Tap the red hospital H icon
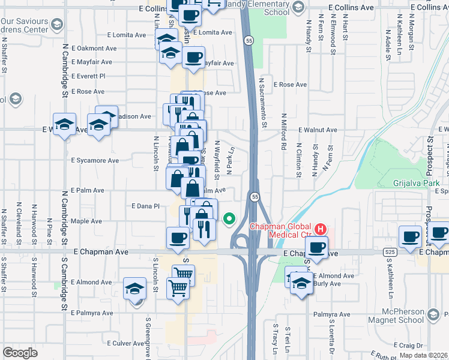pyautogui.click(x=321, y=229)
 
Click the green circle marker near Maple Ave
pyautogui.click(x=228, y=219)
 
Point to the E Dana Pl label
pyautogui.click(x=146, y=205)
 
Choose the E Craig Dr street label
pyautogui.click(x=411, y=345)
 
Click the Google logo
pyautogui.click(x=20, y=353)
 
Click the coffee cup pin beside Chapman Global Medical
pyautogui.click(x=317, y=247)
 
